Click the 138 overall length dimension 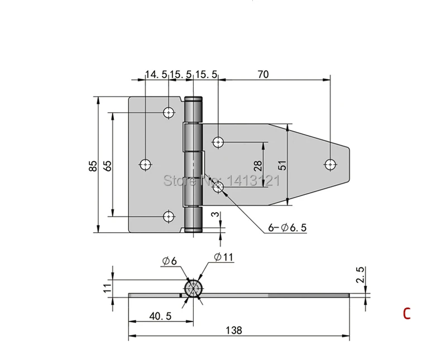click(234, 330)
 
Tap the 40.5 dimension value click(160, 316)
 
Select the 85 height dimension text click(93, 165)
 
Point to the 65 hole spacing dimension click(107, 165)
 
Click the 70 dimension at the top click(263, 74)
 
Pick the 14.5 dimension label click(156, 75)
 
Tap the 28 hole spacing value click(258, 165)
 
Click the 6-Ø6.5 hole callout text click(287, 227)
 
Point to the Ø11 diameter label click(224, 257)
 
